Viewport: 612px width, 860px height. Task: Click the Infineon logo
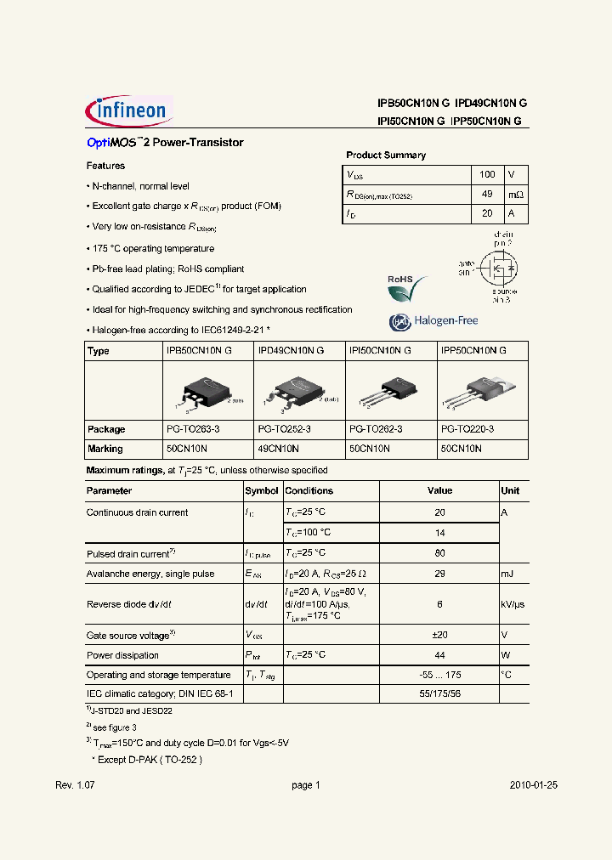[x=128, y=110]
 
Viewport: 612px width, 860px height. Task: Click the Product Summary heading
[x=386, y=156]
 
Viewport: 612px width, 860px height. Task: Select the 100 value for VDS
[x=487, y=174]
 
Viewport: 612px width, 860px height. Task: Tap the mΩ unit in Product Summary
[x=516, y=195]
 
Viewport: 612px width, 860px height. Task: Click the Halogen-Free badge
[x=433, y=321]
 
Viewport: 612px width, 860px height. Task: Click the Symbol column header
[x=262, y=491]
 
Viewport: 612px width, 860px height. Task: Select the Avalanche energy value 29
[x=439, y=574]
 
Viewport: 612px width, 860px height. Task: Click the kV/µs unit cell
[x=513, y=604]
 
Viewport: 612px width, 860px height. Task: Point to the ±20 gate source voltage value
[x=439, y=635]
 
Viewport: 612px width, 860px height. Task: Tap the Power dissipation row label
[x=122, y=655]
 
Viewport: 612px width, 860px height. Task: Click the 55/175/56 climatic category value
[x=439, y=694]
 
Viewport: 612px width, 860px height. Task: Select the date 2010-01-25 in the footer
[x=534, y=785]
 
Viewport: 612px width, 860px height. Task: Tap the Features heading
[x=105, y=166]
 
